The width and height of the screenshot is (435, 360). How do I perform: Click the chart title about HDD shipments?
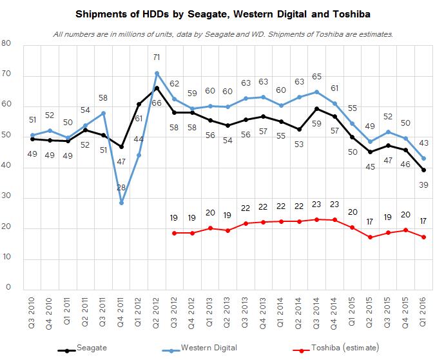(217, 12)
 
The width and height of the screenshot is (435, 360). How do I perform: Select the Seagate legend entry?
(90, 348)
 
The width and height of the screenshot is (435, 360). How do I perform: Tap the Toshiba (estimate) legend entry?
(341, 348)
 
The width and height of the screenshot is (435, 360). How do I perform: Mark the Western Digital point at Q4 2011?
(121, 203)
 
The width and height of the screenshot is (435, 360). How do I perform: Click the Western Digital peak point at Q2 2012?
(157, 73)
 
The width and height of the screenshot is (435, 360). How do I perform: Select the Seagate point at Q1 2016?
(423, 170)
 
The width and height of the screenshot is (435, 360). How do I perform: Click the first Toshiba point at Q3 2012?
(175, 233)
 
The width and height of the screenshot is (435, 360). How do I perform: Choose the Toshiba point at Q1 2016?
(423, 237)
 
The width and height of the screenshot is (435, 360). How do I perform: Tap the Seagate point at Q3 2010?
(32, 139)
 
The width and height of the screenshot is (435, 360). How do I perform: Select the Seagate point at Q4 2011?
(121, 146)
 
